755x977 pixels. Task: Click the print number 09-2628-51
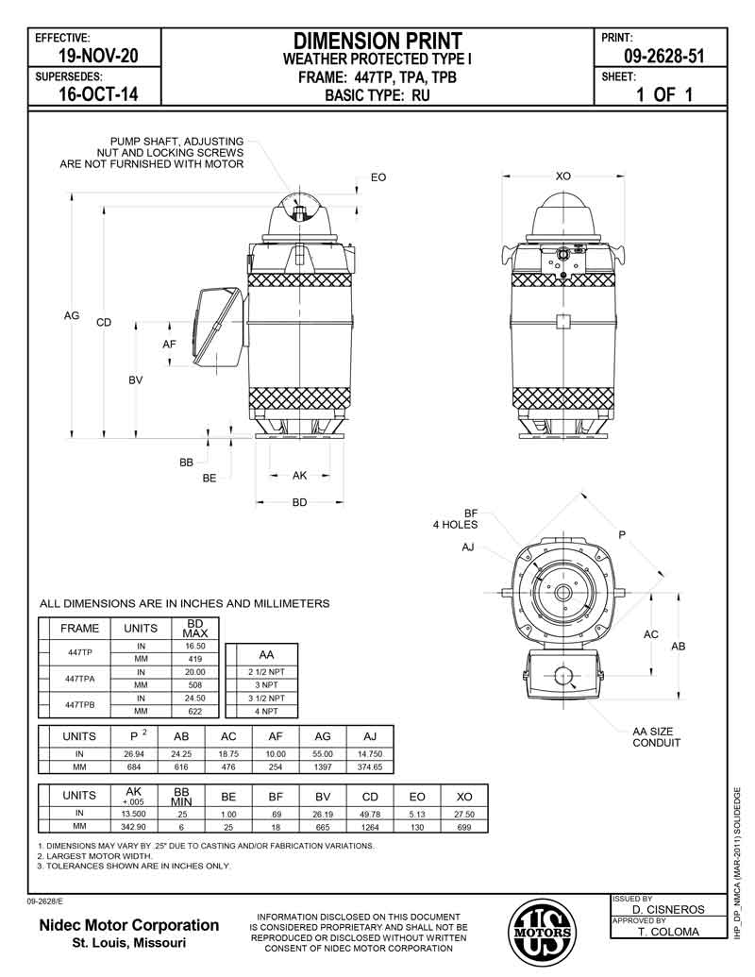[664, 56]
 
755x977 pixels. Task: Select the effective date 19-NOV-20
[98, 56]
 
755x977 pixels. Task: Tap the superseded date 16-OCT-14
[98, 94]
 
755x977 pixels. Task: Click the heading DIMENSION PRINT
[377, 42]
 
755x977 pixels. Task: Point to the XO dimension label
[563, 177]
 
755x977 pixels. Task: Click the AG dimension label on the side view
[72, 316]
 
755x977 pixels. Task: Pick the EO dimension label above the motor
[378, 177]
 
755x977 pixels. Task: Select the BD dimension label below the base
[299, 502]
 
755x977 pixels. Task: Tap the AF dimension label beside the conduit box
[169, 344]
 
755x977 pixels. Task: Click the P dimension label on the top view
[622, 534]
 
